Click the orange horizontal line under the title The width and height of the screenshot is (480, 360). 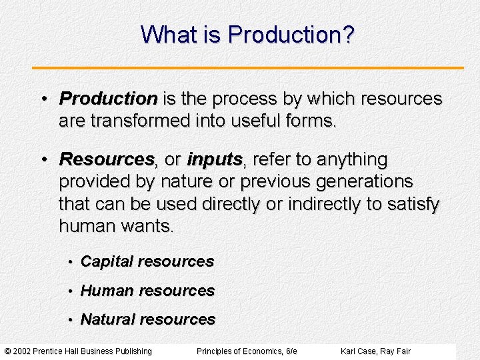248,68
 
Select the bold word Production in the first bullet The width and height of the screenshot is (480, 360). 108,99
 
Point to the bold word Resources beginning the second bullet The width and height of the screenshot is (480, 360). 107,160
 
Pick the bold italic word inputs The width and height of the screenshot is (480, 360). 215,160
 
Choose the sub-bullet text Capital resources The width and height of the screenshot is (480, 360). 147,262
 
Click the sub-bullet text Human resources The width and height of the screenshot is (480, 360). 147,291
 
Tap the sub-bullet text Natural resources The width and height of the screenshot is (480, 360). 148,319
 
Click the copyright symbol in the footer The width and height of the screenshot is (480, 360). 7,351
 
